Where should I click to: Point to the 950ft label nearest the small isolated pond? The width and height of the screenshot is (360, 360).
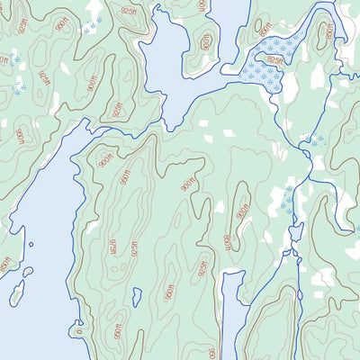[167, 292]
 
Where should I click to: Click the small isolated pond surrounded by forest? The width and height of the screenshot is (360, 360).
[137, 296]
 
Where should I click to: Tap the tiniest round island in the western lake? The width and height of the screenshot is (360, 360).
[31, 243]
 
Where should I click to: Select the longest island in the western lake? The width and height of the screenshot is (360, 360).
[16, 292]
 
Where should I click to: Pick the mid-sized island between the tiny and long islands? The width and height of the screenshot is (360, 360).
[27, 271]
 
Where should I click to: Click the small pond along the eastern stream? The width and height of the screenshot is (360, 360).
[295, 233]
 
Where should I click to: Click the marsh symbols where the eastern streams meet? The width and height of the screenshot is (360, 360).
[314, 139]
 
